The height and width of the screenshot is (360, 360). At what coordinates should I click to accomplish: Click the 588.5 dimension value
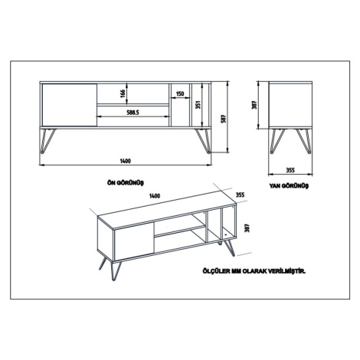click(x=133, y=113)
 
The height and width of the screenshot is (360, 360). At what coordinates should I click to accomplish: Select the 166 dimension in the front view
click(x=123, y=93)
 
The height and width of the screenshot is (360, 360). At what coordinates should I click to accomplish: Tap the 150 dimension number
click(x=180, y=93)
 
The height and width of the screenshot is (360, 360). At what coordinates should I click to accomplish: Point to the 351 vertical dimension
click(x=198, y=105)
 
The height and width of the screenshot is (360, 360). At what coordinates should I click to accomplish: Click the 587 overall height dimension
click(x=223, y=119)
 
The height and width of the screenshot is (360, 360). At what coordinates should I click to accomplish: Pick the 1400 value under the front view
click(x=125, y=161)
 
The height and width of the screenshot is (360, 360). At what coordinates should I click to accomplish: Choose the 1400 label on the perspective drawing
click(x=155, y=196)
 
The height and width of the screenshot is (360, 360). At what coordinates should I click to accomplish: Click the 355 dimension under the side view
click(x=290, y=170)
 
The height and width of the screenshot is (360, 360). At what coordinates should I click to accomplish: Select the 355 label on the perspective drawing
click(x=240, y=195)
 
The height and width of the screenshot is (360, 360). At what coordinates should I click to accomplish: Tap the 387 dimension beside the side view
click(x=254, y=105)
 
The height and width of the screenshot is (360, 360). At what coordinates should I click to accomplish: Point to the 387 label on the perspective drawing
click(x=247, y=228)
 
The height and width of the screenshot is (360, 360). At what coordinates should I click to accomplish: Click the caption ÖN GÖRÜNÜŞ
click(x=126, y=183)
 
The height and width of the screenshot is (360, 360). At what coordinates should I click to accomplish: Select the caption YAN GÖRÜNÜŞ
click(x=289, y=186)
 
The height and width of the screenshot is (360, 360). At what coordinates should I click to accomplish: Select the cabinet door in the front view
click(x=70, y=105)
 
